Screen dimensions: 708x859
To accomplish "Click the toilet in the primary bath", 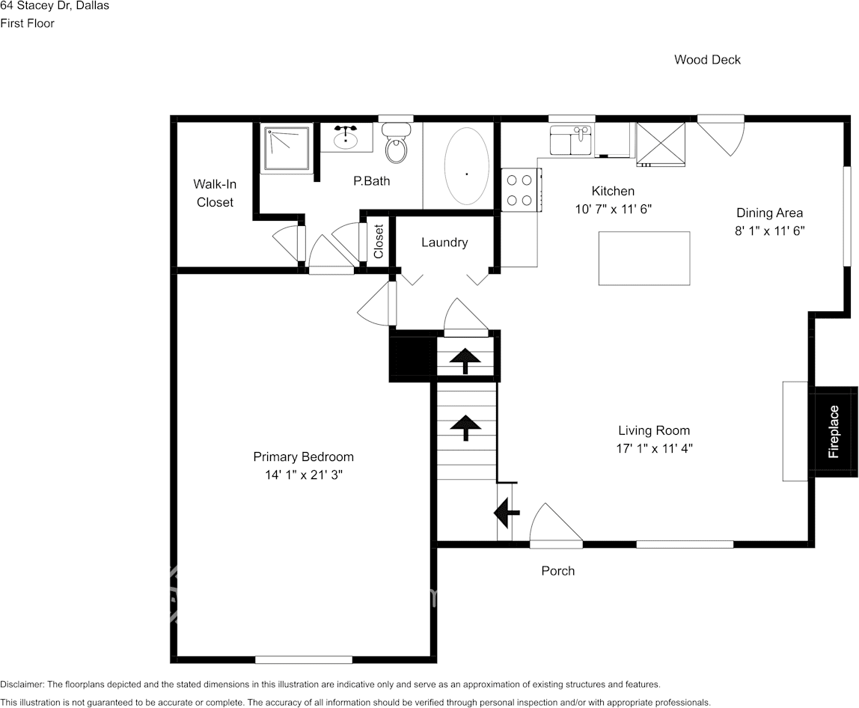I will click(x=396, y=144).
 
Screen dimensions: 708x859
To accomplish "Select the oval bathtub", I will click(x=467, y=166).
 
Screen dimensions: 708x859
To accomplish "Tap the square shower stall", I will click(x=285, y=148).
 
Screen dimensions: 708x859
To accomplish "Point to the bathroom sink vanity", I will click(x=346, y=138).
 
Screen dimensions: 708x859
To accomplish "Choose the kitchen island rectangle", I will click(x=644, y=258).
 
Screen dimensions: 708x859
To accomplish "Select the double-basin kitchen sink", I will click(x=572, y=140).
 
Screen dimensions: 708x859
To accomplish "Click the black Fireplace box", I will click(x=834, y=431).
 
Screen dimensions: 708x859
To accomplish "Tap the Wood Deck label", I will click(x=707, y=60).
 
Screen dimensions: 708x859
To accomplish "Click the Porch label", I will click(x=558, y=571).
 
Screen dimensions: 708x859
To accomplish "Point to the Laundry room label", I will click(x=444, y=242).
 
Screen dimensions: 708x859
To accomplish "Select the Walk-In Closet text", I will click(x=215, y=193).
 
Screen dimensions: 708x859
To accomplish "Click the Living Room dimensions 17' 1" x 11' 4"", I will click(x=654, y=449).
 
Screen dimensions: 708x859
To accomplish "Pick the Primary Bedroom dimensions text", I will click(x=303, y=475).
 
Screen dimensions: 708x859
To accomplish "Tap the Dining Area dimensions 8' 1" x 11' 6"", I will click(x=769, y=231).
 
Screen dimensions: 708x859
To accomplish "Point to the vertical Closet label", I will click(x=379, y=241).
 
